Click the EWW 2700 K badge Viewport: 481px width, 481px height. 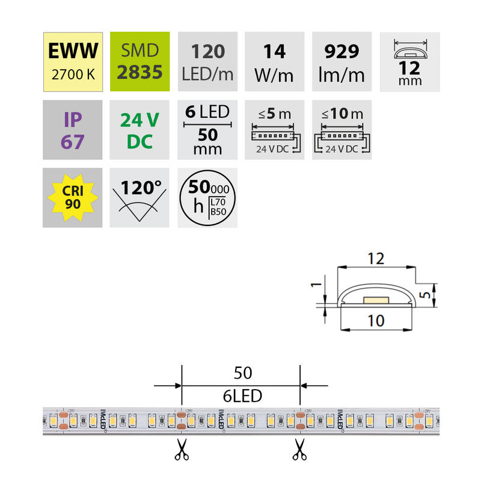[x=72, y=61]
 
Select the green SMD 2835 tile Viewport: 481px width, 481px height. [x=139, y=61]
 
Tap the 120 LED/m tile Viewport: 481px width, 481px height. [x=207, y=61]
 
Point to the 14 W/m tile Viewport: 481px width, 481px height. [x=275, y=61]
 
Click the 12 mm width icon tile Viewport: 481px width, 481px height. [x=410, y=61]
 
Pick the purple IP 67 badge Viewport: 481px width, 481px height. [x=72, y=129]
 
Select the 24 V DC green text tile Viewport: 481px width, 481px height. [x=139, y=129]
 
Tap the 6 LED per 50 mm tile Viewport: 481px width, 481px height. [x=207, y=129]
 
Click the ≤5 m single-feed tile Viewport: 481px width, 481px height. [x=275, y=129]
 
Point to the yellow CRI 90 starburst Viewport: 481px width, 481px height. [x=72, y=197]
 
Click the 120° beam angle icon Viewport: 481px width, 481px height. [x=139, y=197]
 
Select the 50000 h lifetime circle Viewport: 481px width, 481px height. [x=207, y=197]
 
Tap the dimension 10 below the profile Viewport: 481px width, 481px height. [x=375, y=322]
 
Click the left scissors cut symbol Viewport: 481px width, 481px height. [x=181, y=449]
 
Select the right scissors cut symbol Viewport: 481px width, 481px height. [x=299, y=449]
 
